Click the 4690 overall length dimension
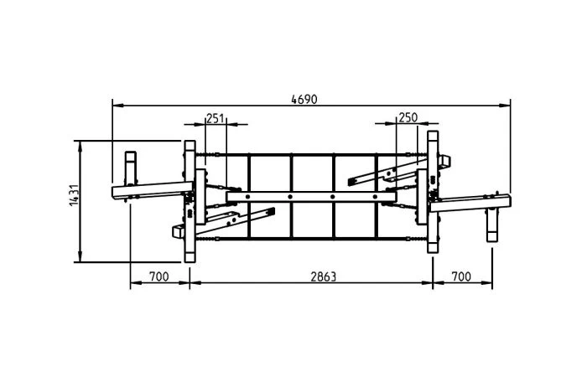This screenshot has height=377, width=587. coord(304,100)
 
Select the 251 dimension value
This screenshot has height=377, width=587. coord(216,119)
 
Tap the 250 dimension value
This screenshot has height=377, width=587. coord(408,118)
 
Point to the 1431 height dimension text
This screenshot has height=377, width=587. coord(74,194)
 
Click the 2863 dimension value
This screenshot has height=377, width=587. coord(324,276)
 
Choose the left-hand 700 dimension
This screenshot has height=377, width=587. coord(159,276)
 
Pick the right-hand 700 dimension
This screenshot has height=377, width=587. coord(461,276)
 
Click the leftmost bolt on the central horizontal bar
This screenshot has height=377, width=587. coord(247,197)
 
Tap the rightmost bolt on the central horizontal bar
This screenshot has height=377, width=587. coord(375,197)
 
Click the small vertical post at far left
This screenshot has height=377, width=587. coord(131,168)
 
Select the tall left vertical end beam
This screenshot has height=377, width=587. coord(190,201)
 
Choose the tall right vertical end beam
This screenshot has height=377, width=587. coord(434,192)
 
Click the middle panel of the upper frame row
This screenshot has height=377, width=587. coord(312,173)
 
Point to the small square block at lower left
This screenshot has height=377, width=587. coord(178,232)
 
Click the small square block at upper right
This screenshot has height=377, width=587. coord(444,161)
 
